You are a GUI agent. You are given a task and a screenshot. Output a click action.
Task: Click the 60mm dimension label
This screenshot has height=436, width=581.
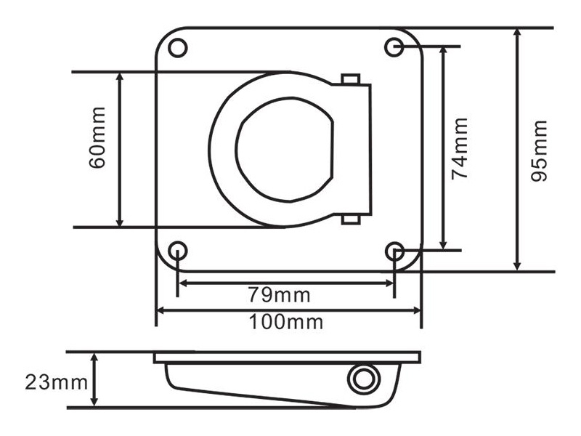(97, 137)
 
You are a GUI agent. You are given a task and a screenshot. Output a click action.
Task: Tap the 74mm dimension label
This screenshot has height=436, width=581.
(460, 149)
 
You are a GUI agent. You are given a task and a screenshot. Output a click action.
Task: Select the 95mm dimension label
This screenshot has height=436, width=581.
(539, 150)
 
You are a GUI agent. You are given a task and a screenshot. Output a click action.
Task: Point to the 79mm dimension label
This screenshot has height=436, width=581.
(279, 295)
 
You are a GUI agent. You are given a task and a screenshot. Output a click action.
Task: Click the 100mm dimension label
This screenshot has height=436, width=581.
(285, 321)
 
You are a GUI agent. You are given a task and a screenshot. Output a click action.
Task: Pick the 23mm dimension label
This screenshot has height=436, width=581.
(57, 382)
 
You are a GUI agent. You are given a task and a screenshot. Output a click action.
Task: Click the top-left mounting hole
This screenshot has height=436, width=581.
(177, 48)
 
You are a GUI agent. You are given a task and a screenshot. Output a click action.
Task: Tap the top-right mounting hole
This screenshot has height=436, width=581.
(394, 47)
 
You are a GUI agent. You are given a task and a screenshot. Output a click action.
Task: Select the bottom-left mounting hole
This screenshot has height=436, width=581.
(177, 251)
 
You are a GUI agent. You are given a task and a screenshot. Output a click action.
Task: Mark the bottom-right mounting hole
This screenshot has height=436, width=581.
(394, 251)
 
